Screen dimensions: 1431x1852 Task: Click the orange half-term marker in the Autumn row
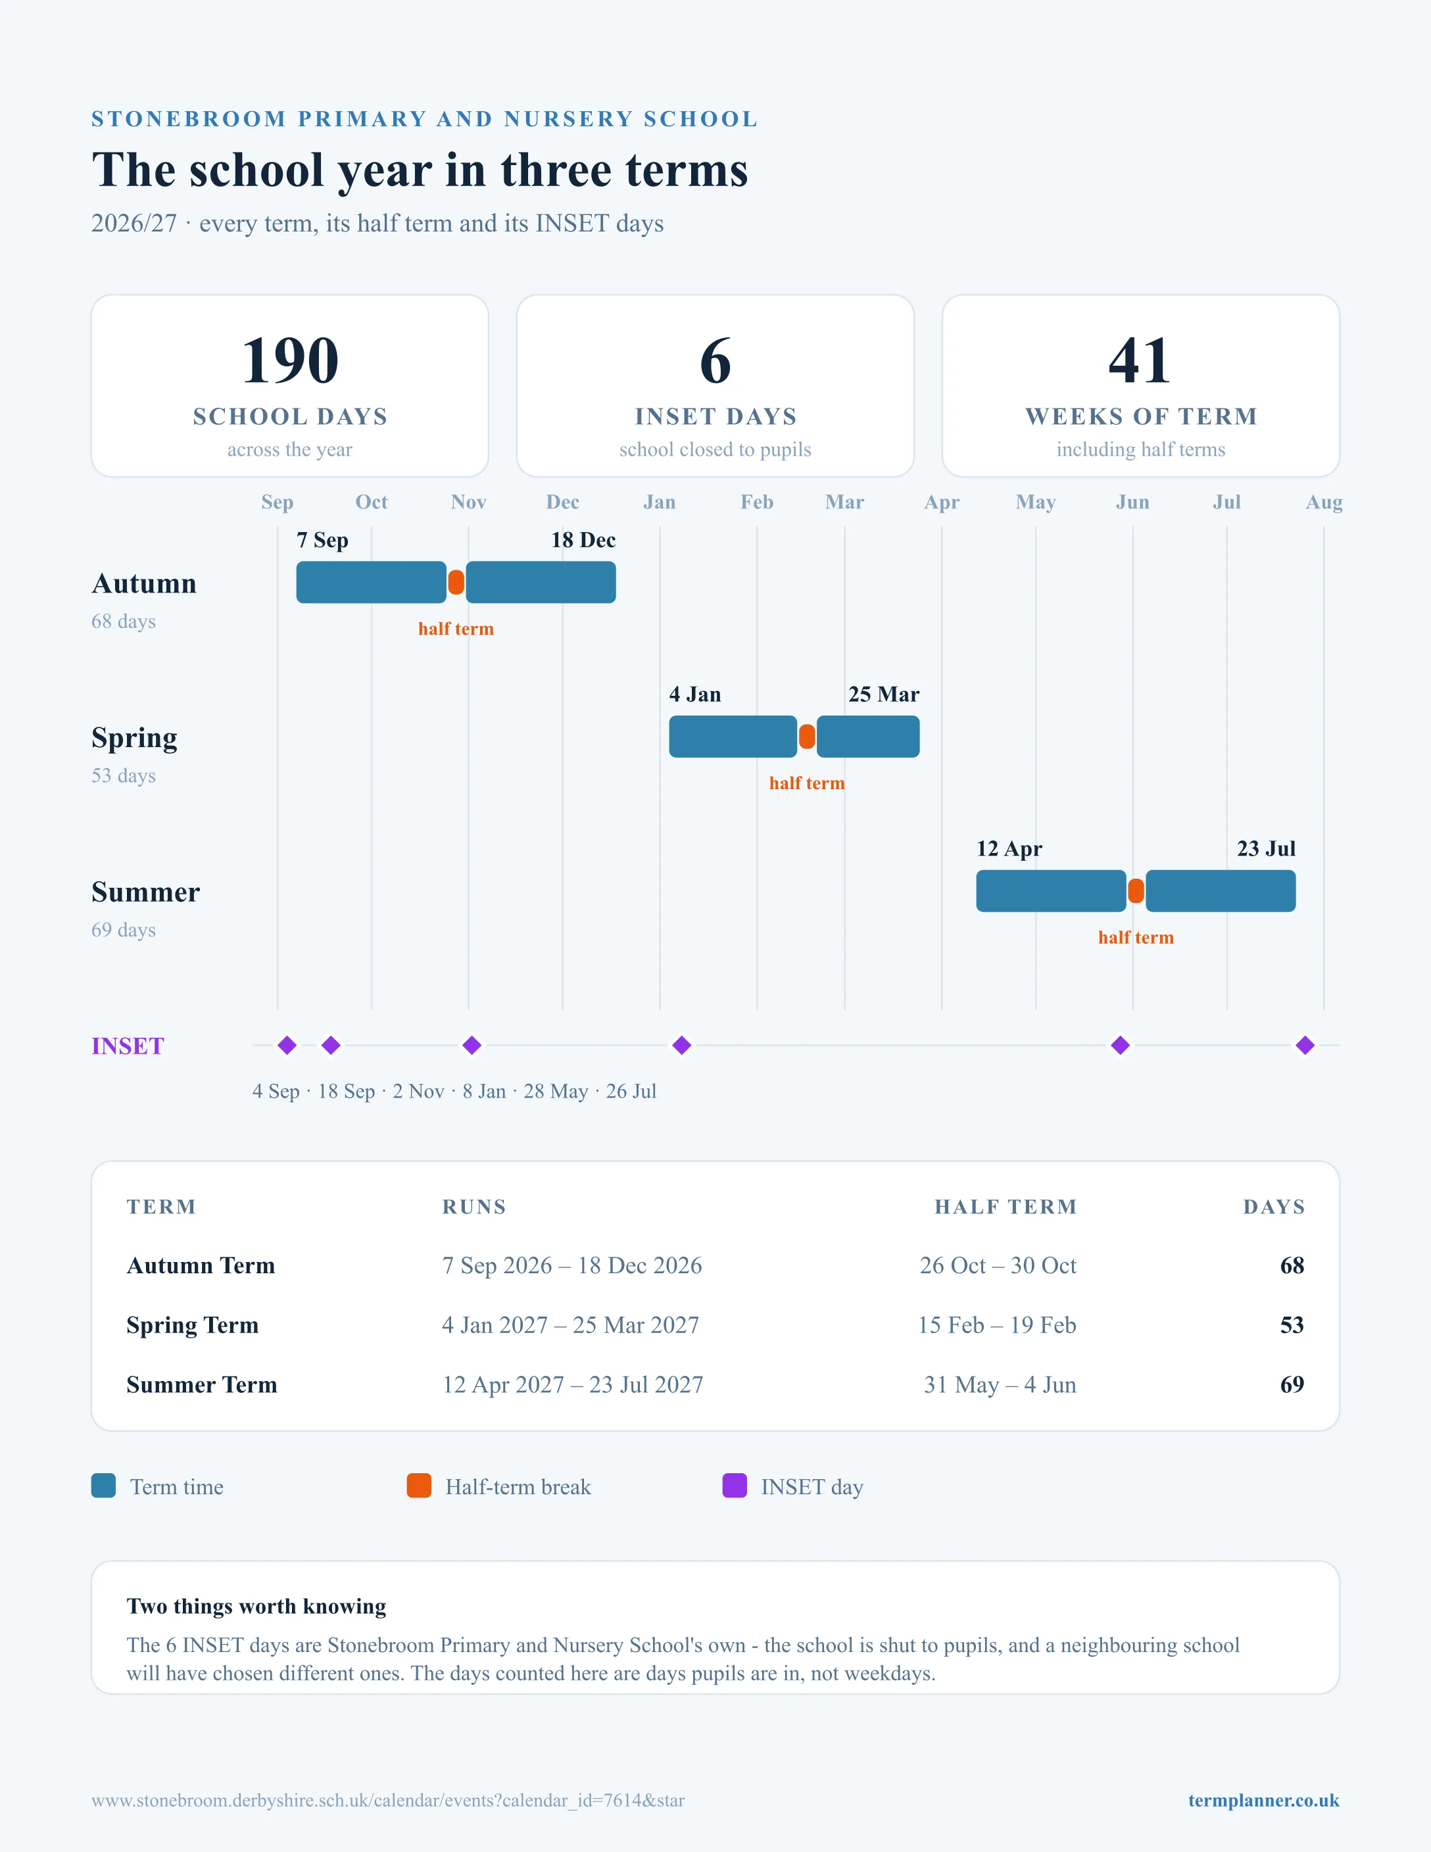tap(456, 583)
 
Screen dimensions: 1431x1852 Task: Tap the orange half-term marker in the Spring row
tap(807, 737)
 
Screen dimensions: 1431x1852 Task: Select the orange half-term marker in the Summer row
tap(1136, 891)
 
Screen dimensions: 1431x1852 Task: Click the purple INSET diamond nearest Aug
tap(1305, 1046)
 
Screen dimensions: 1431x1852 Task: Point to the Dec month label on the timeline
tap(563, 502)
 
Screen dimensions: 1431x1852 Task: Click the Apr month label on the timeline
tap(942, 502)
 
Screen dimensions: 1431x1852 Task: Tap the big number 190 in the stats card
tap(290, 360)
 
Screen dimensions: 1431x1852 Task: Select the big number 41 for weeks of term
tap(1140, 360)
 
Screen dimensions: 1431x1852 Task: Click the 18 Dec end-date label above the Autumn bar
tap(583, 540)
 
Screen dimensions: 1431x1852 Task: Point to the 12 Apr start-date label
tap(1009, 849)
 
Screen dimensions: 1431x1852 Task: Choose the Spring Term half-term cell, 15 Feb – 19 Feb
tap(997, 1325)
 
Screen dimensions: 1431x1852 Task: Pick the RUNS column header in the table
tap(474, 1207)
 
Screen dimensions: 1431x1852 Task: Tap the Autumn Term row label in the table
tap(201, 1265)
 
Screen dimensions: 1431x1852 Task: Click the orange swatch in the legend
tap(419, 1486)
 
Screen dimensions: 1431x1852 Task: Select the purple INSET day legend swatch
tap(734, 1486)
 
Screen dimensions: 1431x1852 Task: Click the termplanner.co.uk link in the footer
tap(1263, 1800)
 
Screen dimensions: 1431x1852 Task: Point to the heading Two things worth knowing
tap(256, 1606)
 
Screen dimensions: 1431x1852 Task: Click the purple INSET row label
tap(128, 1046)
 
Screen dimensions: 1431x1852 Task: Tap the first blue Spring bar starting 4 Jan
tap(733, 737)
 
